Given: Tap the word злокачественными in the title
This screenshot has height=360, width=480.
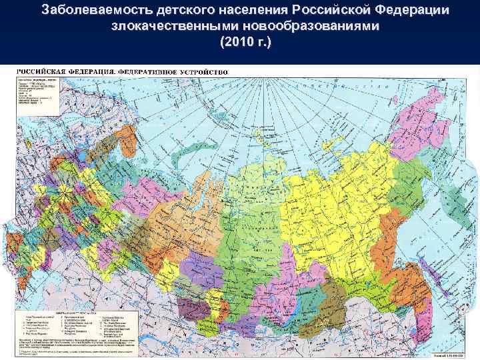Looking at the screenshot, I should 171,27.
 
